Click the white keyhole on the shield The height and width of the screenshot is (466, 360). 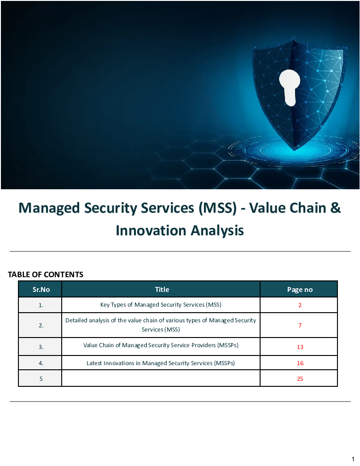pyautogui.click(x=289, y=86)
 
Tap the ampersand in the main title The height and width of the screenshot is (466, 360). pyautogui.click(x=335, y=208)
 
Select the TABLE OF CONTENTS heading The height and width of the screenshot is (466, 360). pyautogui.click(x=46, y=274)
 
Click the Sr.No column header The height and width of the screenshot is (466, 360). pyautogui.click(x=41, y=290)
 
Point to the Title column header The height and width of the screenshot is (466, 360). pyautogui.click(x=162, y=290)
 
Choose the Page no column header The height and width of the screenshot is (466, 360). pyautogui.click(x=300, y=290)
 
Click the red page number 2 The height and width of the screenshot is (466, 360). pyautogui.click(x=300, y=305)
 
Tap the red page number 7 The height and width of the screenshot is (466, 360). pyautogui.click(x=300, y=325)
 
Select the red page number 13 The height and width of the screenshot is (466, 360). pyautogui.click(x=300, y=347)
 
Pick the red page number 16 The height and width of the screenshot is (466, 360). pyautogui.click(x=300, y=363)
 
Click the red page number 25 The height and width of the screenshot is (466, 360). pyautogui.click(x=300, y=379)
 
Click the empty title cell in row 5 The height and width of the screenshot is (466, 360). pyautogui.click(x=161, y=379)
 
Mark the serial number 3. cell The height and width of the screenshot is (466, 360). pyautogui.click(x=41, y=347)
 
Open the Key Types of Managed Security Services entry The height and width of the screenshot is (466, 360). pyautogui.click(x=161, y=305)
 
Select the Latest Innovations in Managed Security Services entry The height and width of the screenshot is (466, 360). pyautogui.click(x=161, y=363)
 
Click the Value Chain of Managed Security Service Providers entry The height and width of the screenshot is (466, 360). pyautogui.click(x=161, y=345)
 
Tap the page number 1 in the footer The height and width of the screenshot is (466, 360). pyautogui.click(x=353, y=459)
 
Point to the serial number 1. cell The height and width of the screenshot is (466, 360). pyautogui.click(x=41, y=305)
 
